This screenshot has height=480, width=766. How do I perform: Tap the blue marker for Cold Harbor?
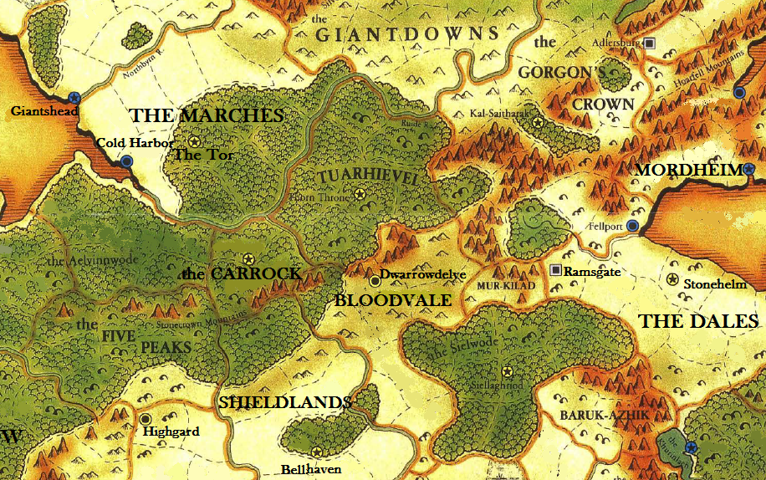(126, 161)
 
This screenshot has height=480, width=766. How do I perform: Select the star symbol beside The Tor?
(195, 142)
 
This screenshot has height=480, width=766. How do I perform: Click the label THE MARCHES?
(206, 115)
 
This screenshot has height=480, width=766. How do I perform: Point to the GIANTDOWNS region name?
(407, 34)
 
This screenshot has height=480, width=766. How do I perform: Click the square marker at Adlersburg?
(651, 43)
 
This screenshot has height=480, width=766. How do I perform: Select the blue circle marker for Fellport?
(633, 226)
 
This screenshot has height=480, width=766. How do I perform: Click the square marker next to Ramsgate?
(555, 270)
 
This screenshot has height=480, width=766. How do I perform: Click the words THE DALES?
(698, 321)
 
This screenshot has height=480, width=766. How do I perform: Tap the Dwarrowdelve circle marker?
(375, 281)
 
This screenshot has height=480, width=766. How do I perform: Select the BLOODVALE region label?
(392, 299)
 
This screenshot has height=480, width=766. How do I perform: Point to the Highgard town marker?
(146, 418)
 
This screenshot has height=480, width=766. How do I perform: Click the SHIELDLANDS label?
(284, 402)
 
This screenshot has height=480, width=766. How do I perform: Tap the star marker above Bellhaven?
(316, 452)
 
